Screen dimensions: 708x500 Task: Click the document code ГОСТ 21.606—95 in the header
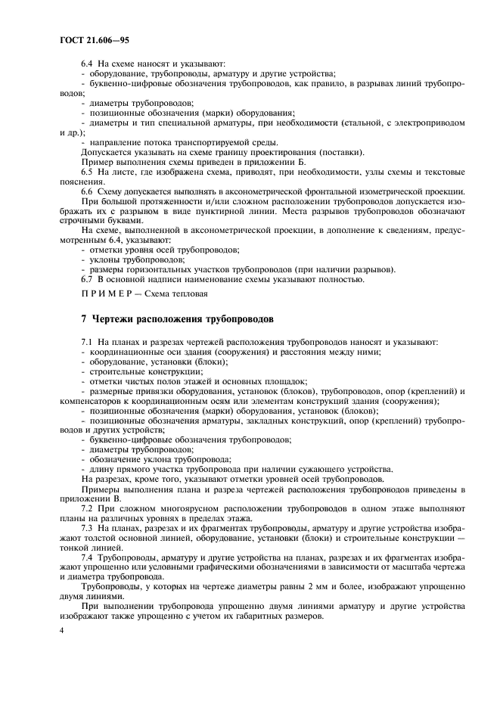tap(97, 39)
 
